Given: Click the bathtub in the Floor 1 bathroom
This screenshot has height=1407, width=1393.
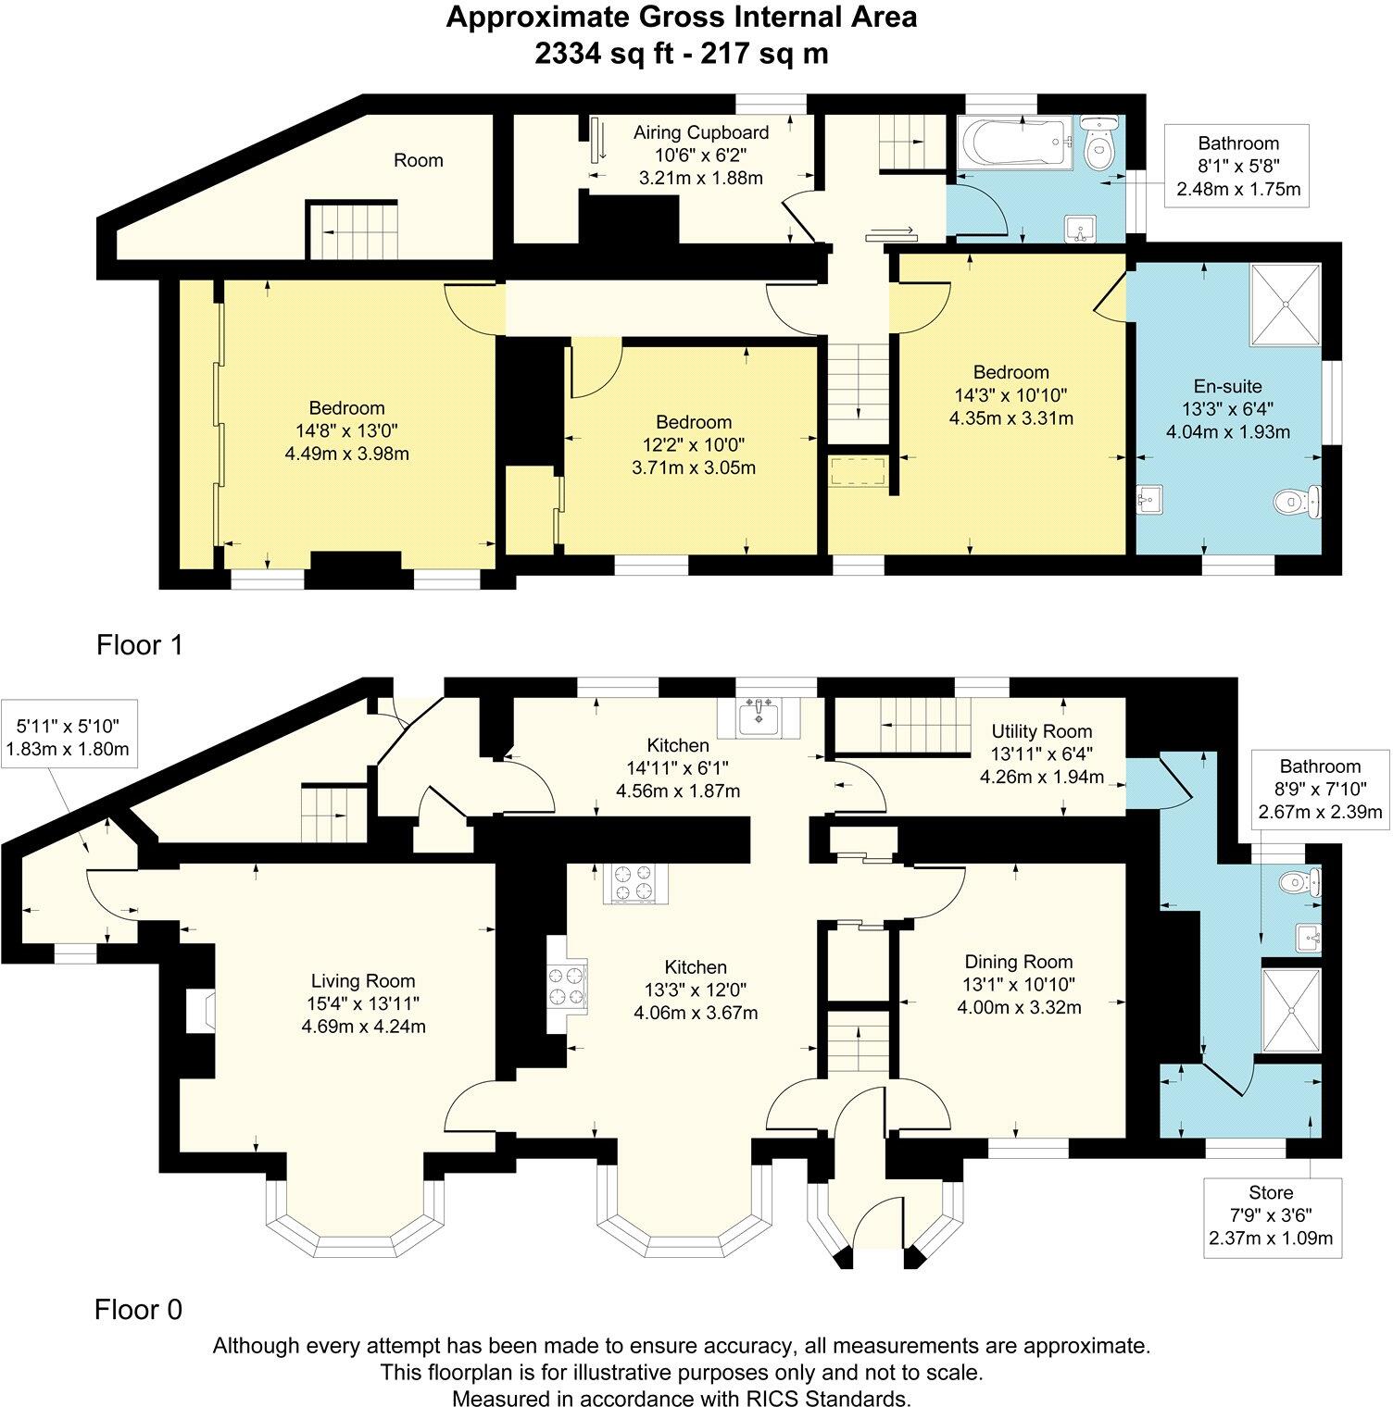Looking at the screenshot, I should coord(1015,143).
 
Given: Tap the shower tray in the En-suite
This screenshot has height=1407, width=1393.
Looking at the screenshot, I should coord(1286,304).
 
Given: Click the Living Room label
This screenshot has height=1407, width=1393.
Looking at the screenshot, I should coord(363,981).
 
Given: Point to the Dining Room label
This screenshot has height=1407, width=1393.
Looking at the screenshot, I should coord(1019,962).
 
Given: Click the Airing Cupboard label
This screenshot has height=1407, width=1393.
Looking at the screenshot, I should coord(701,132).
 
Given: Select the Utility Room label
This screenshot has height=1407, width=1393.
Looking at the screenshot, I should coord(1041,731).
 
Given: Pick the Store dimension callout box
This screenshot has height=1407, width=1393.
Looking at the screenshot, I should coord(1271,1214).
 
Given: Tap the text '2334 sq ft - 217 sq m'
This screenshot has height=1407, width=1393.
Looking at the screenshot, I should coord(682,54).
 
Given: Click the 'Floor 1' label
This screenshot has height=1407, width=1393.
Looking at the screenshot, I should coord(140,645).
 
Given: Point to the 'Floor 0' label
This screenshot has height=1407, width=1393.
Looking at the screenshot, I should coord(138,1310).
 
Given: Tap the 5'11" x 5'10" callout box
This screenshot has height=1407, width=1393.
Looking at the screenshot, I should coord(69,732).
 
